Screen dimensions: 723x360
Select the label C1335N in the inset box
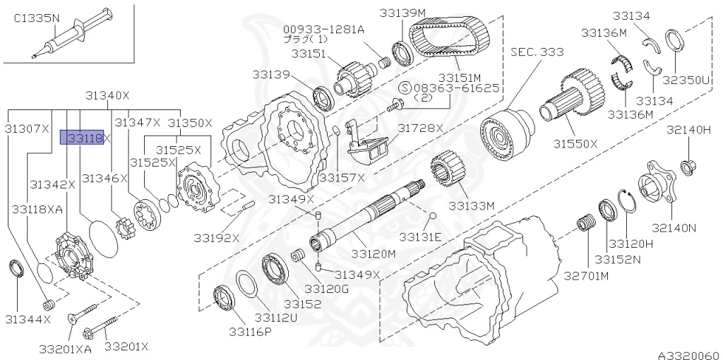(36, 19)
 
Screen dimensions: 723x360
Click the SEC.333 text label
(538, 52)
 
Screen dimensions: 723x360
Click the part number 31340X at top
(107, 95)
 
